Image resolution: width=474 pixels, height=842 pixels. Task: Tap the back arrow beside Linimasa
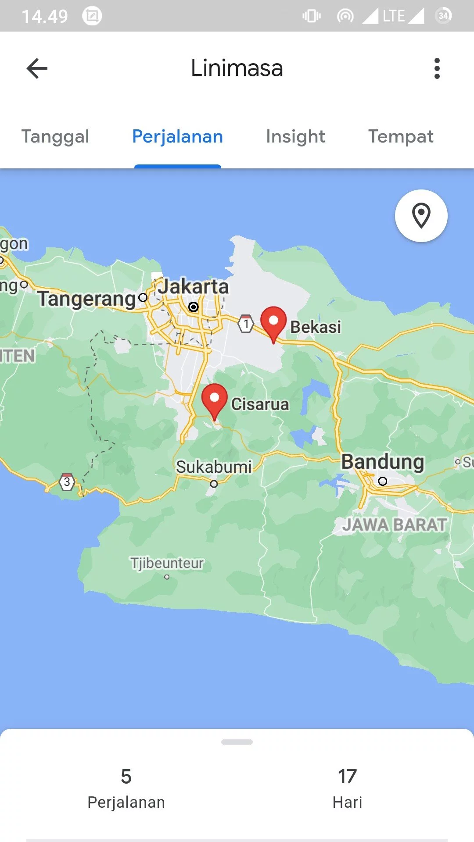pyautogui.click(x=37, y=68)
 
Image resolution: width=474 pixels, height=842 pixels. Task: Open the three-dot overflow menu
pyautogui.click(x=437, y=68)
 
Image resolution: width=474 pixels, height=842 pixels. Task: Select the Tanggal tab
pyautogui.click(x=55, y=136)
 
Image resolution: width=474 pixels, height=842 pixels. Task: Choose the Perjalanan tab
pyautogui.click(x=177, y=136)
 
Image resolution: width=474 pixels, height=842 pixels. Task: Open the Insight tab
pyautogui.click(x=295, y=136)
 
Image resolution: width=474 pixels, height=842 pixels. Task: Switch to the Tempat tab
pyautogui.click(x=401, y=136)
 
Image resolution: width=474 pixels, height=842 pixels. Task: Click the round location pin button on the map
pyautogui.click(x=421, y=216)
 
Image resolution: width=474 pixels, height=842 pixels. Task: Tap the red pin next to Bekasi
pyautogui.click(x=273, y=322)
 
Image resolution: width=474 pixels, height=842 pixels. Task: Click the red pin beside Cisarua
pyautogui.click(x=214, y=400)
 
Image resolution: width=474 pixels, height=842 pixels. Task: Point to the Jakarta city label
pyautogui.click(x=194, y=287)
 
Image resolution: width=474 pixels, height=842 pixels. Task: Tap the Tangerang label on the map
pyautogui.click(x=87, y=299)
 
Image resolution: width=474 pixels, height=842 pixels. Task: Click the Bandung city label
pyautogui.click(x=383, y=462)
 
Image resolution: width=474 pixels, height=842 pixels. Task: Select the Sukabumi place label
pyautogui.click(x=214, y=467)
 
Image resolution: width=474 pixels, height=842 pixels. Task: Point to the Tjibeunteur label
pyautogui.click(x=167, y=563)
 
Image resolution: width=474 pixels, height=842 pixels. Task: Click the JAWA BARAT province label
pyautogui.click(x=395, y=524)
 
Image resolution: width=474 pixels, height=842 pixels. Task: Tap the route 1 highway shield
pyautogui.click(x=246, y=324)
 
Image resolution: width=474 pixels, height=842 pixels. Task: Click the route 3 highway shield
pyautogui.click(x=67, y=482)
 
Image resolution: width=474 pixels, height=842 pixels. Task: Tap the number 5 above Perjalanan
pyautogui.click(x=126, y=777)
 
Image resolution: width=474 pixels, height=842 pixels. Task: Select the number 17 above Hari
pyautogui.click(x=347, y=777)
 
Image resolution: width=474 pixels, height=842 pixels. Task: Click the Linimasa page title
pyautogui.click(x=237, y=68)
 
